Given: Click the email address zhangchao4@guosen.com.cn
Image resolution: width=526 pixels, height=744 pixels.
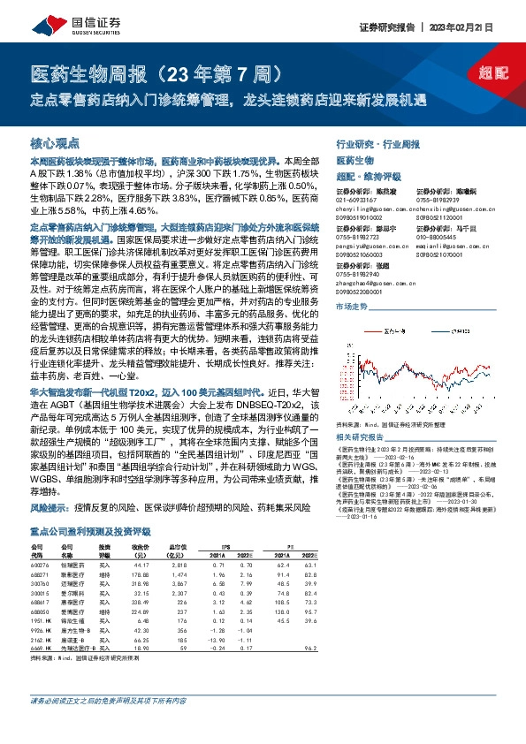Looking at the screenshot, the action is coord(362,282).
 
